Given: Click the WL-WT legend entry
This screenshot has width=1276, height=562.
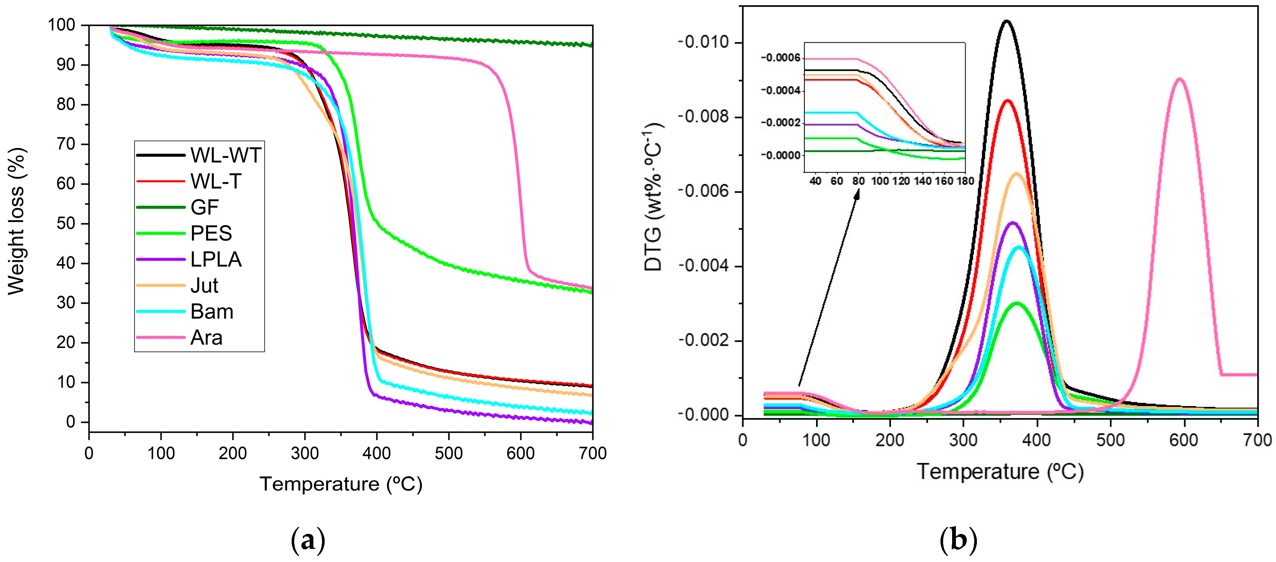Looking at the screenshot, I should [225, 155].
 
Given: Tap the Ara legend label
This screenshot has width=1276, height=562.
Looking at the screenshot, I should [206, 338].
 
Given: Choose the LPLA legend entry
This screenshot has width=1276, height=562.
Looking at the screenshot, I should [216, 260].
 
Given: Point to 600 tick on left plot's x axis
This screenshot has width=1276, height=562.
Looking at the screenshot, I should [521, 453].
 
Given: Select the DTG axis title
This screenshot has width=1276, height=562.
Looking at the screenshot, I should [654, 198].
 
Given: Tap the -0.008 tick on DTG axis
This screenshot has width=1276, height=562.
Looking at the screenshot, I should [703, 117].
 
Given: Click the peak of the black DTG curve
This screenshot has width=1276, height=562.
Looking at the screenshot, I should [1006, 21].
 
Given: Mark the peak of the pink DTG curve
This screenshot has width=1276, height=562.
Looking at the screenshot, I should [1179, 79].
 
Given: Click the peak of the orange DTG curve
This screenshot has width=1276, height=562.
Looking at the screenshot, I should [1017, 173].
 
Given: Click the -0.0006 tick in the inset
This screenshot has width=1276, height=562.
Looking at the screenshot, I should [781, 58].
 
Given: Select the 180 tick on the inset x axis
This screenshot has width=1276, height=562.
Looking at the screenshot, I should [965, 181].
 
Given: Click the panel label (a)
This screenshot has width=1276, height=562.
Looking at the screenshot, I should [308, 540].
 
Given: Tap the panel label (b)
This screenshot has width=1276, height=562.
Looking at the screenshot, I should [958, 540].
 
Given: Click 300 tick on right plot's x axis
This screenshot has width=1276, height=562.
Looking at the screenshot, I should [963, 440].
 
